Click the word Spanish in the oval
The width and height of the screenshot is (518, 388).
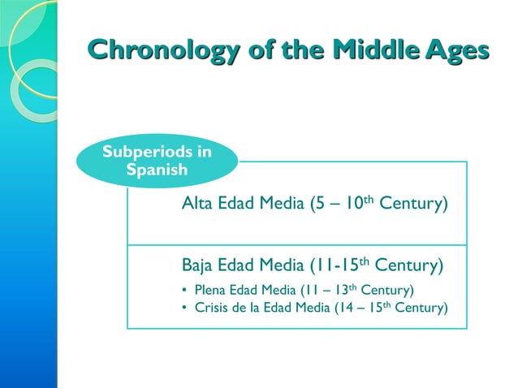click(x=157, y=171)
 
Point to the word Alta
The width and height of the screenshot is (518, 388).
click(x=198, y=203)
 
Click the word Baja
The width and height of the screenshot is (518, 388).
click(x=199, y=265)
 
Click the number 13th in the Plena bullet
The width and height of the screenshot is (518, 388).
click(x=345, y=290)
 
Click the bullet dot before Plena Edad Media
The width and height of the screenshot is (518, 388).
click(x=185, y=291)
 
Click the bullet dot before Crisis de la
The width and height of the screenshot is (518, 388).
click(x=185, y=308)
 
